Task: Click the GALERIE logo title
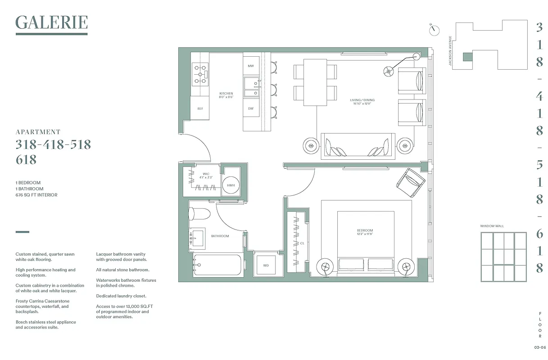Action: coord(51,22)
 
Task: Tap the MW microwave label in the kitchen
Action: coord(251,66)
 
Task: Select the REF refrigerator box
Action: coord(200,109)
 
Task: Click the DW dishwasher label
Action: coord(251,108)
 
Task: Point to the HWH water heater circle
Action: coord(231,185)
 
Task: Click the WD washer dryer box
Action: coord(266,265)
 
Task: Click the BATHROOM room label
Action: coord(220,236)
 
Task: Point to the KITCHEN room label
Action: coord(226,94)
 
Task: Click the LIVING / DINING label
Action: coord(362,100)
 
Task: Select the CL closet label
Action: coord(303,243)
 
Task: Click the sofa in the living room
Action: coord(358,145)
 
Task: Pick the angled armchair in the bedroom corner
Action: coord(410,182)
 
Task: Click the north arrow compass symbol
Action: coord(435,30)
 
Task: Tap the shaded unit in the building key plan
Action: coord(468,57)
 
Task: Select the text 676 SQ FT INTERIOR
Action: coord(36,195)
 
